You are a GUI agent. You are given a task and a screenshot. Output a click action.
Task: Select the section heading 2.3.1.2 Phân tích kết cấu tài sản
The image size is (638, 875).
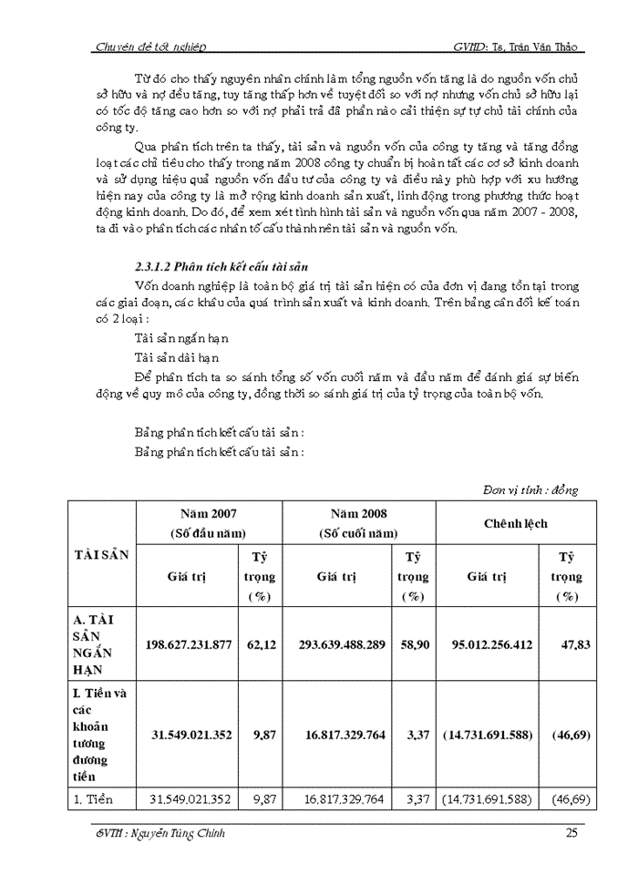[223, 267]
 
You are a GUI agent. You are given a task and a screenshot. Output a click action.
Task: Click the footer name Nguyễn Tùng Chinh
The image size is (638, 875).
[180, 834]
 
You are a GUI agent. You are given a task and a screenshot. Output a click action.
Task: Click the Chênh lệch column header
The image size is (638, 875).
[515, 524]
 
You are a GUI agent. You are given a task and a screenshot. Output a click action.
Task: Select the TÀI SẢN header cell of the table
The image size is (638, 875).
[100, 554]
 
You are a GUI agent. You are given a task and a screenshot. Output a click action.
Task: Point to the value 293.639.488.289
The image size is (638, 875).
[342, 644]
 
